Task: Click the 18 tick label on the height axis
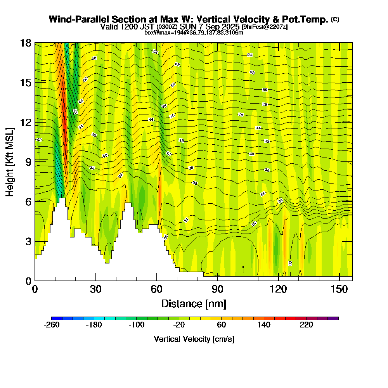[x=26, y=43]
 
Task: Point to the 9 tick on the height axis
[x=35, y=161]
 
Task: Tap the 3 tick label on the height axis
[x=28, y=241]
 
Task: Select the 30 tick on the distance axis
[x=96, y=281]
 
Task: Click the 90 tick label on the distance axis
[x=218, y=289]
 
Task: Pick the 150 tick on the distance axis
[x=339, y=281]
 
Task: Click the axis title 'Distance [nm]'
[x=194, y=303]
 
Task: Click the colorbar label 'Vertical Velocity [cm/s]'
[x=194, y=339]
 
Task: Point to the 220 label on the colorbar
[x=306, y=325]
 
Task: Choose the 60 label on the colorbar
[x=221, y=325]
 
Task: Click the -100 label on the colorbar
[x=137, y=325]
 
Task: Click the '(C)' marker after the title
[x=335, y=19]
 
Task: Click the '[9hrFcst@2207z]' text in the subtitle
[x=264, y=27]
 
